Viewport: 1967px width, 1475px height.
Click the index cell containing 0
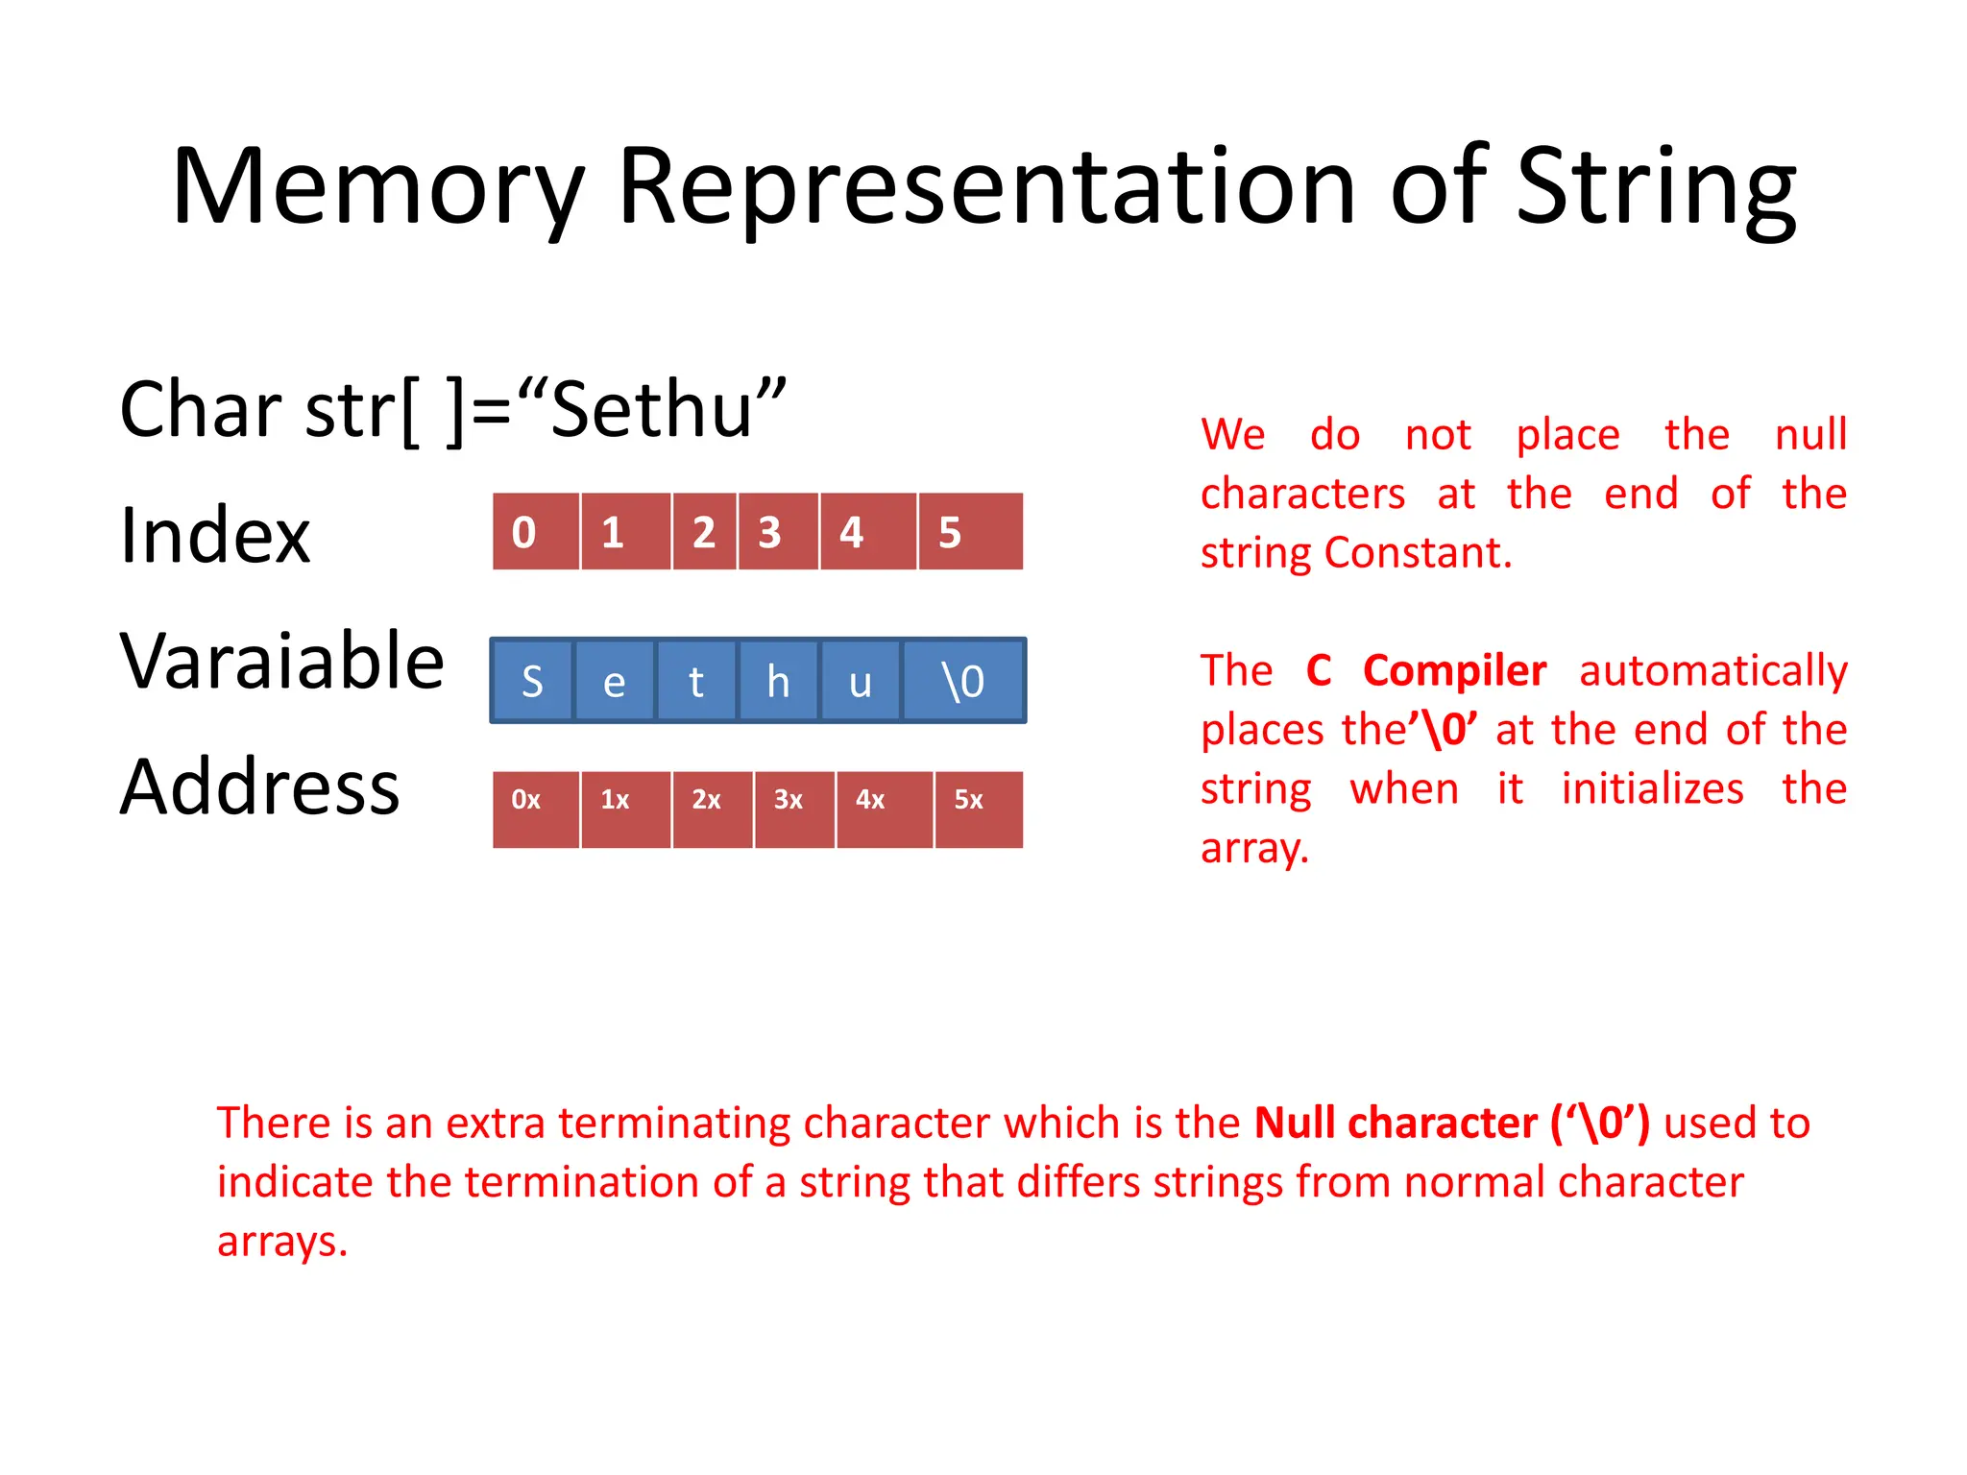tap(535, 532)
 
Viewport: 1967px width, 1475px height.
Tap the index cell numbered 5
tap(970, 532)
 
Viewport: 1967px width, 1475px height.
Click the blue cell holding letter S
tap(532, 681)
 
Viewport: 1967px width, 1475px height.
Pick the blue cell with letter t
tap(696, 681)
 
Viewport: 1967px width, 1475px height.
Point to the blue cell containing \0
tap(963, 681)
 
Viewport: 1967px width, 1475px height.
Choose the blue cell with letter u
tap(860, 681)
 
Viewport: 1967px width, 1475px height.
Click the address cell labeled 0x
tap(535, 809)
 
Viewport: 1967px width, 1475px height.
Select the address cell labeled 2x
tap(713, 809)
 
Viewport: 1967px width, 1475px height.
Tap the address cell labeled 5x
tap(978, 809)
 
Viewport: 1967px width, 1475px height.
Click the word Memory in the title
tap(377, 187)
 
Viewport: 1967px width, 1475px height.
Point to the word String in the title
tap(1655, 187)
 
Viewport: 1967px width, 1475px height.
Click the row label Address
tap(259, 786)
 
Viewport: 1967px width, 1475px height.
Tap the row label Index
tap(215, 535)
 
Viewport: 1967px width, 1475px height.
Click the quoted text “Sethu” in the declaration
tap(652, 409)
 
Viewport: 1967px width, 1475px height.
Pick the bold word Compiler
tap(1454, 671)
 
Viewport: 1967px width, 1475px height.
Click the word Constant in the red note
tap(1418, 553)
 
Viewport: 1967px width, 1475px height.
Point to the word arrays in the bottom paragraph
tap(281, 1242)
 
